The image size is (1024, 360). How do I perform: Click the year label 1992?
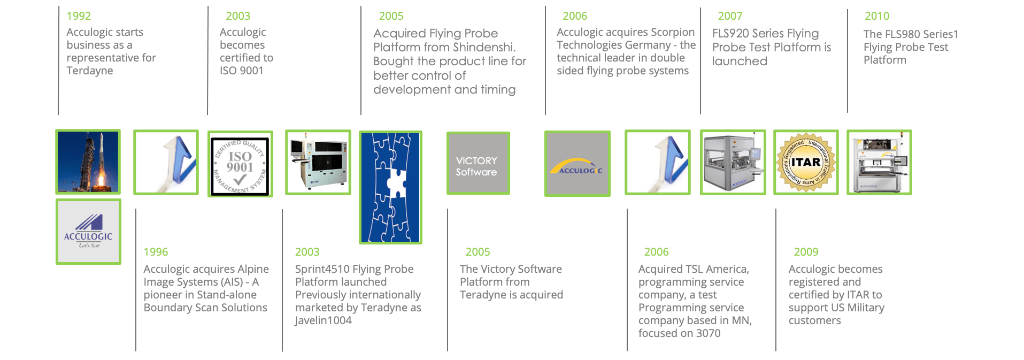pos(79,16)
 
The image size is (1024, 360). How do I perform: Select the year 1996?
pos(156,252)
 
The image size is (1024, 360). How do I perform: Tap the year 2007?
pos(730,16)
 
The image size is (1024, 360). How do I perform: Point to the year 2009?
pos(806,252)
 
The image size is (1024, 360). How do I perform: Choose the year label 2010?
pos(877,16)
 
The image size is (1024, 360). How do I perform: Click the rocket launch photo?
pos(88,162)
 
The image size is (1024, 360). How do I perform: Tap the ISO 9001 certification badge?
pos(240,164)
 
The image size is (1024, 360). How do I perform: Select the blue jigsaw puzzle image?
pos(390,187)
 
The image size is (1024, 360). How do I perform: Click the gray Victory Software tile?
pos(478,163)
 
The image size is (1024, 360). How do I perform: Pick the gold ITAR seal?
pos(806,162)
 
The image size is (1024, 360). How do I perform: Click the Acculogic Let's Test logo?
pos(88,232)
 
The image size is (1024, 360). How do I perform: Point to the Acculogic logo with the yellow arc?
pos(578,164)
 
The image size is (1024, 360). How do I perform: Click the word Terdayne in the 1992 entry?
pos(90,71)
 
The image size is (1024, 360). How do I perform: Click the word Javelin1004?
pos(323,320)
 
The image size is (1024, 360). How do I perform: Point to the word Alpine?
pos(251,269)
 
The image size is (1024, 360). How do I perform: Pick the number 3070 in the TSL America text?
pos(708,333)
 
